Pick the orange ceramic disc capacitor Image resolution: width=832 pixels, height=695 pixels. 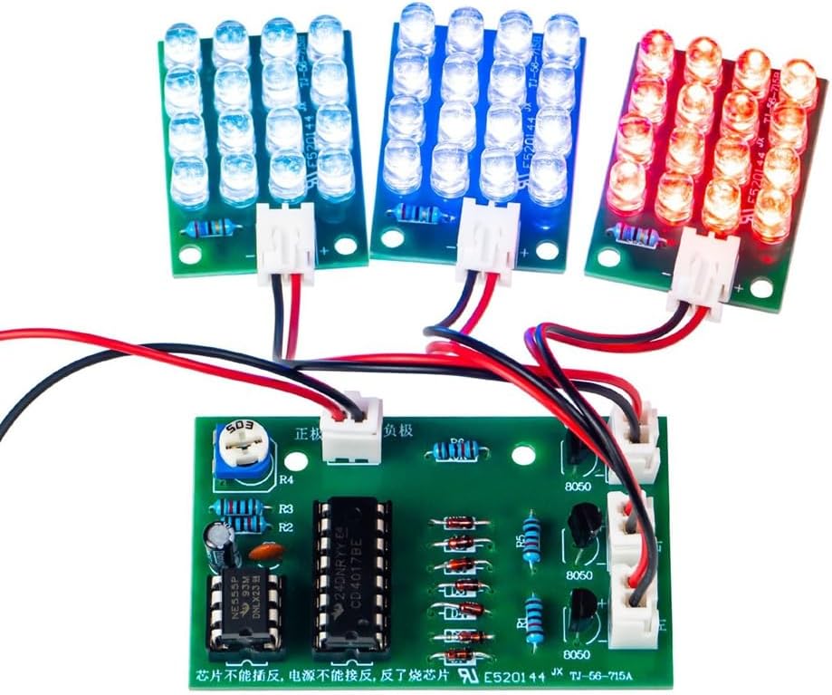265,550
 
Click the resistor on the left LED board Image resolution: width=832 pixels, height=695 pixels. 215,229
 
